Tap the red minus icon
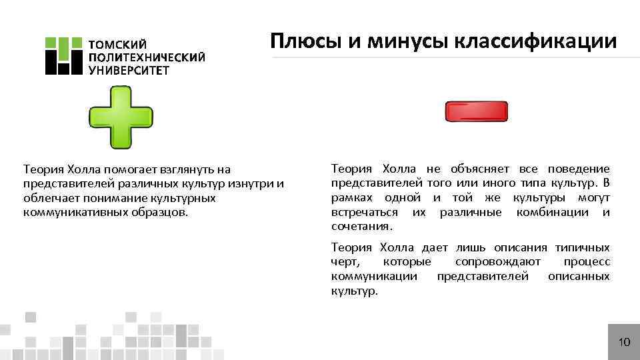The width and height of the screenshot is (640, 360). [x=477, y=113]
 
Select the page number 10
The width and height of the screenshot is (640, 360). [x=624, y=343]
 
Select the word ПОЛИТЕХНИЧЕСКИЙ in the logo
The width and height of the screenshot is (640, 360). [x=147, y=57]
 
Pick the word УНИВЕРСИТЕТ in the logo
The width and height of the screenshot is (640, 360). [x=129, y=70]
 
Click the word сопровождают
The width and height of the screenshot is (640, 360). [x=497, y=262]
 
